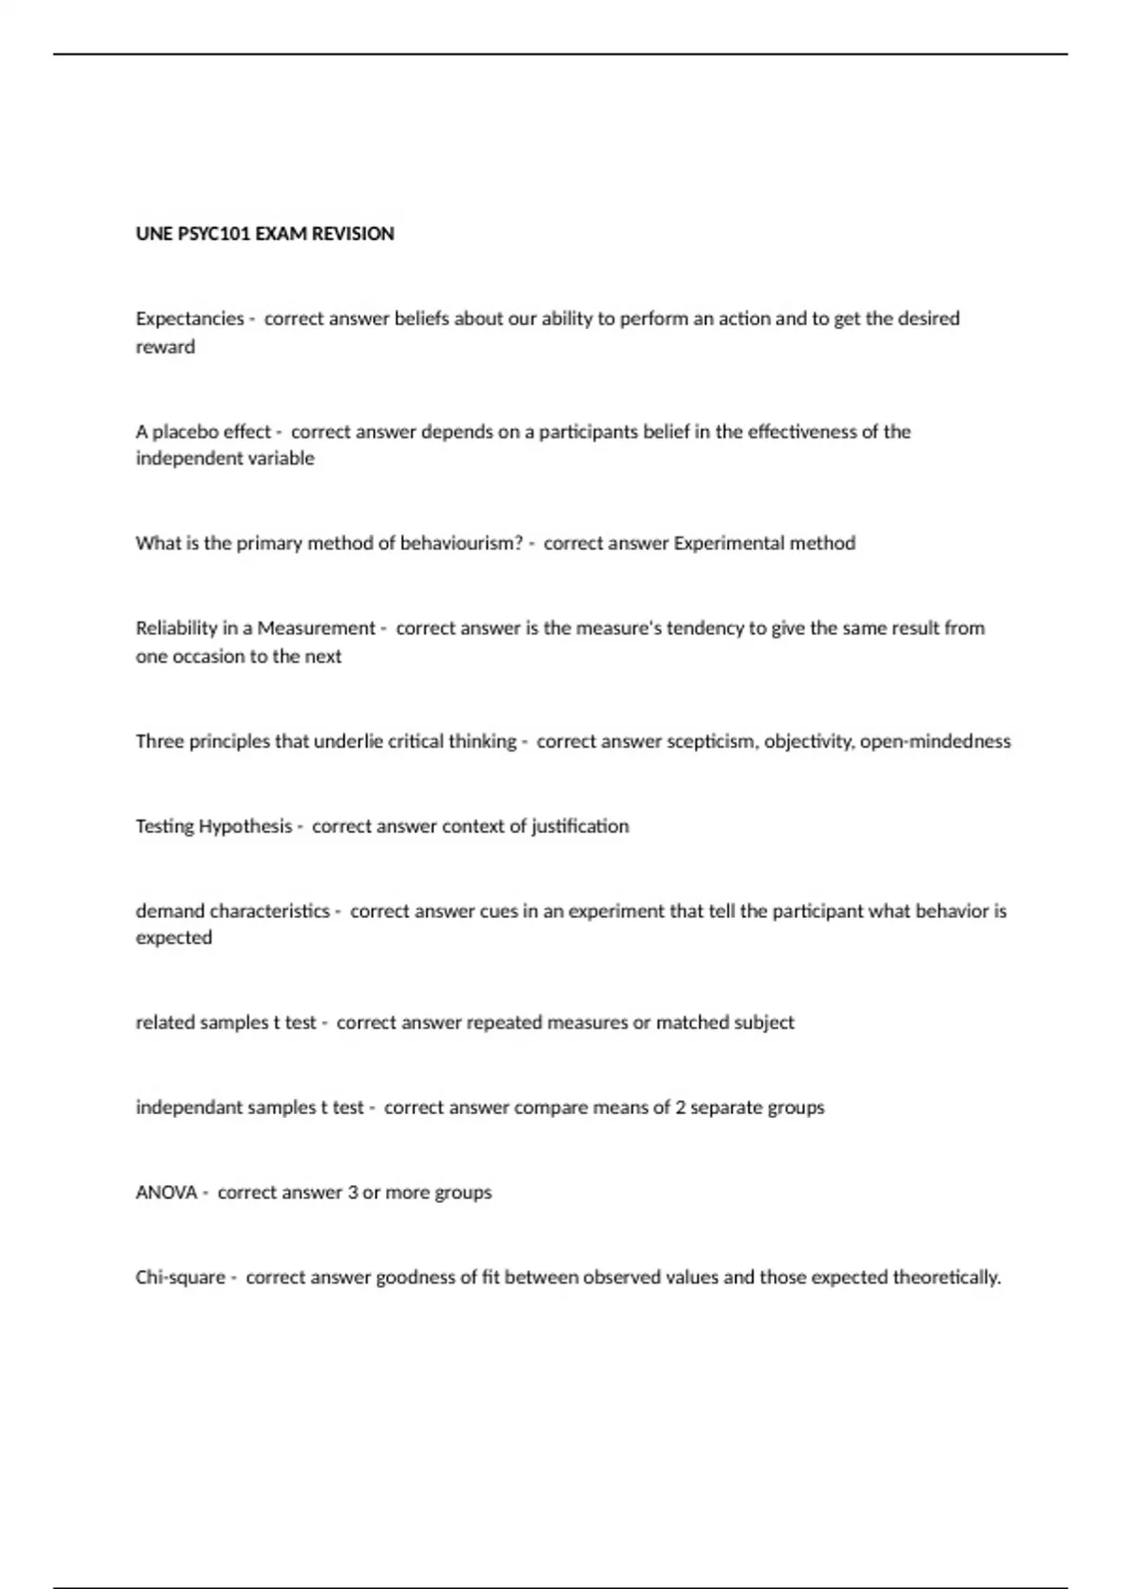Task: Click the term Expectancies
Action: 190,319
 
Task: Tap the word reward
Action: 165,347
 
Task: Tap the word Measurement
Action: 316,628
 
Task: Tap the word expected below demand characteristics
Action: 174,938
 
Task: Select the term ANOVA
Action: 166,1193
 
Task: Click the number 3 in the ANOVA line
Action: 352,1193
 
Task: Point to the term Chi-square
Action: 180,1278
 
